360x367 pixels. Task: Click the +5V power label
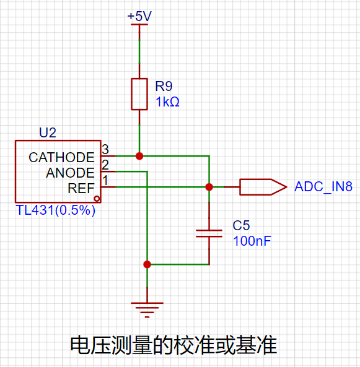(139, 16)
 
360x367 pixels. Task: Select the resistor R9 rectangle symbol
(139, 94)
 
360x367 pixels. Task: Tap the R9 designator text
(164, 86)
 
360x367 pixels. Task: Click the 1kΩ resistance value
(167, 102)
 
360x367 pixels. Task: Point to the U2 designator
(48, 132)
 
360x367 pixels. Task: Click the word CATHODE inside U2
(61, 157)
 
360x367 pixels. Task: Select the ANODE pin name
(70, 173)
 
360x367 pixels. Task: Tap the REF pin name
(81, 188)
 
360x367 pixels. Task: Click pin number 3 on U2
(105, 149)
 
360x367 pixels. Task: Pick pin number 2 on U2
(105, 165)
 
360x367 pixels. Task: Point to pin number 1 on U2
(105, 181)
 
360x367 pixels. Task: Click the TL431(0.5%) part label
(56, 210)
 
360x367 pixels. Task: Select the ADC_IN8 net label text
(323, 186)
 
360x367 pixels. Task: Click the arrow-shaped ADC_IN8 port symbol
(263, 187)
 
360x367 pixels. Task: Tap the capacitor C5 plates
(209, 233)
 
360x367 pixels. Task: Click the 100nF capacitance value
(252, 241)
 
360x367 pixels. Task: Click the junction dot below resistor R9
(139, 156)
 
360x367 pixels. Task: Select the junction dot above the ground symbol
(147, 264)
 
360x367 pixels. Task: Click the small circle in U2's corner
(97, 199)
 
